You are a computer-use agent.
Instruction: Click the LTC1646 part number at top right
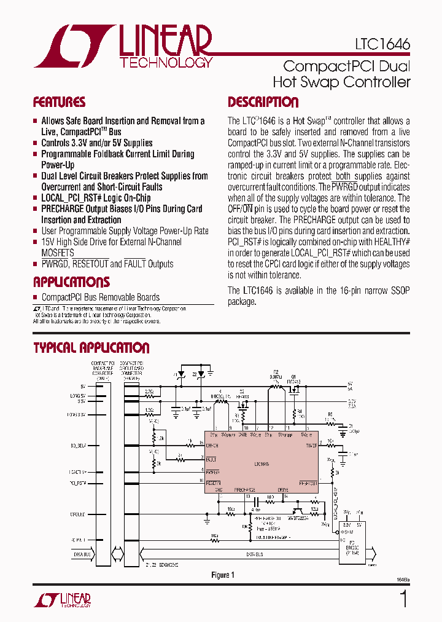point(382,45)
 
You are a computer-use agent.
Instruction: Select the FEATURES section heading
point(59,102)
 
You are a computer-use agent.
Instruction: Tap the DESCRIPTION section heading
point(263,102)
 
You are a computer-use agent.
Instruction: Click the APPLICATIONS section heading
point(71,282)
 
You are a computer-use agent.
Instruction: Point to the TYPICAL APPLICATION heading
point(91,348)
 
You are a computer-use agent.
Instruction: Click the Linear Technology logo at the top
point(123,47)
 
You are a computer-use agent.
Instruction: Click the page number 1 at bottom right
point(403,599)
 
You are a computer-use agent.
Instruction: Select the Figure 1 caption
point(223,575)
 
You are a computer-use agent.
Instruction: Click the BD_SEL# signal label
point(78,444)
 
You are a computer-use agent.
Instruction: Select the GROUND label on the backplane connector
point(78,514)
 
